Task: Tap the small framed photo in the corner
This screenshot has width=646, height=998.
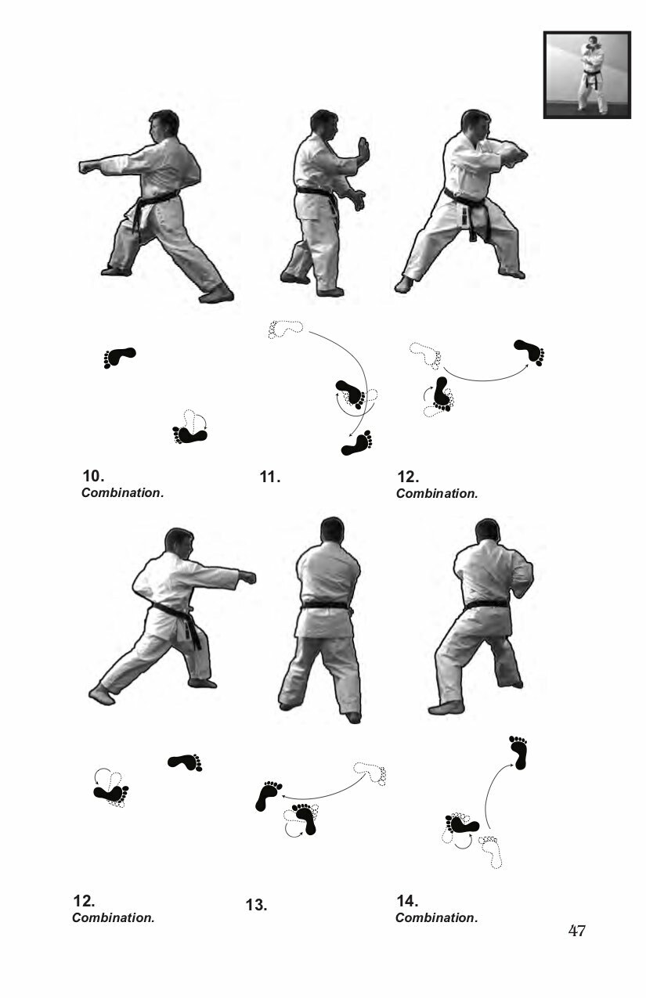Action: (x=586, y=74)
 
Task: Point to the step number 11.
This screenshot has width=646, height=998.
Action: (x=269, y=477)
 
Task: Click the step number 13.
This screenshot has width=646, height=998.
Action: (x=256, y=906)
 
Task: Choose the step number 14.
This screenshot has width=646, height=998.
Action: (x=407, y=901)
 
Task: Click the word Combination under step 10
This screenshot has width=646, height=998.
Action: (x=121, y=493)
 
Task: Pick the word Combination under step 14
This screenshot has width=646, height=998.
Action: (x=435, y=918)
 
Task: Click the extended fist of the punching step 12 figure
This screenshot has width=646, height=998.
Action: (x=247, y=577)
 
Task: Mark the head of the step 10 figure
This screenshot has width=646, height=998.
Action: (x=164, y=126)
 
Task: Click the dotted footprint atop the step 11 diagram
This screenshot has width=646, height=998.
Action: (x=285, y=328)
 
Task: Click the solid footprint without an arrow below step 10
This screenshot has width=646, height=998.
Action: (x=119, y=358)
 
